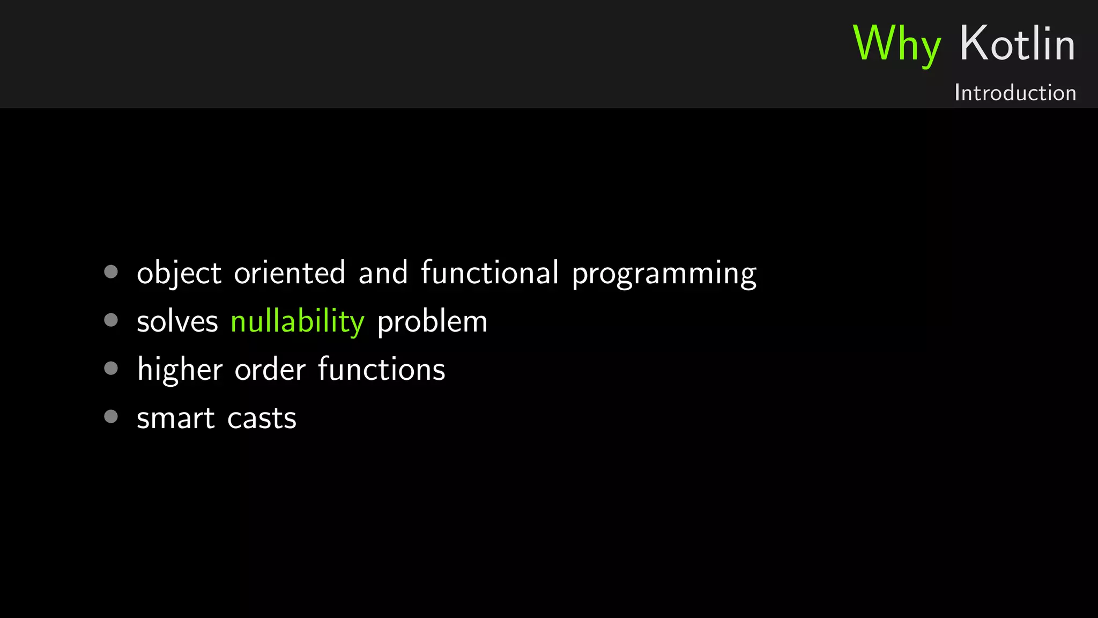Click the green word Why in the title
pos(896,44)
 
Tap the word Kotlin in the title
pos(1017,44)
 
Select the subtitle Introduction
pos(1015,93)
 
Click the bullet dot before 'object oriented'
pos(111,272)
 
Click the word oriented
pos(290,273)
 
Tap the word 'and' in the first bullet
pos(383,273)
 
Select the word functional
pos(489,272)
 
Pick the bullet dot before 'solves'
pos(111,320)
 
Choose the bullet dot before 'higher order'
pos(111,369)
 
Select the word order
pos(270,370)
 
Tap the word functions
pos(381,369)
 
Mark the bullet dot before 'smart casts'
pos(111,417)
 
